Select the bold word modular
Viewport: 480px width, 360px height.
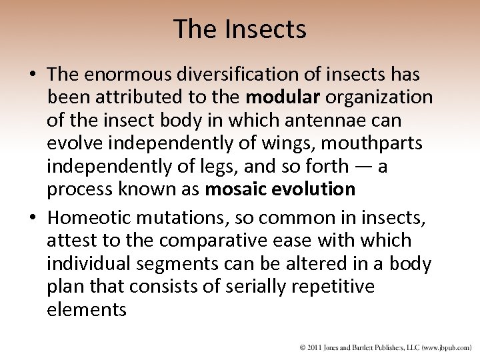click(x=283, y=97)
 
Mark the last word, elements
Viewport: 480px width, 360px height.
click(x=87, y=309)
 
